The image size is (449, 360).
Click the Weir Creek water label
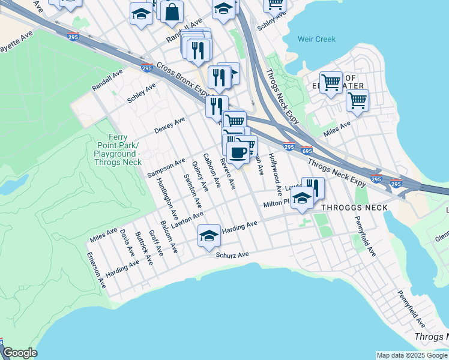[316, 39]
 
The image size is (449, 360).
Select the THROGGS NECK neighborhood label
[354, 208]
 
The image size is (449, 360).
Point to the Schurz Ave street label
[232, 255]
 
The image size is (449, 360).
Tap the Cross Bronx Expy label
[185, 80]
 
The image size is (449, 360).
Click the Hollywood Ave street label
[276, 175]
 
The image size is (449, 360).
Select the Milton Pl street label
[277, 204]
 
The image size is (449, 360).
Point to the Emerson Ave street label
[95, 271]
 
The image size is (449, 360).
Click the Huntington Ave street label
[166, 199]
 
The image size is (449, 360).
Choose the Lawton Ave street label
[187, 218]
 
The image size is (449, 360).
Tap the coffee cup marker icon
[238, 152]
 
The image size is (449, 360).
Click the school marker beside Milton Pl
[302, 199]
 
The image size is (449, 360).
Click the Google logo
[20, 353]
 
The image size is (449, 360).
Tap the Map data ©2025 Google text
[411, 355]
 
